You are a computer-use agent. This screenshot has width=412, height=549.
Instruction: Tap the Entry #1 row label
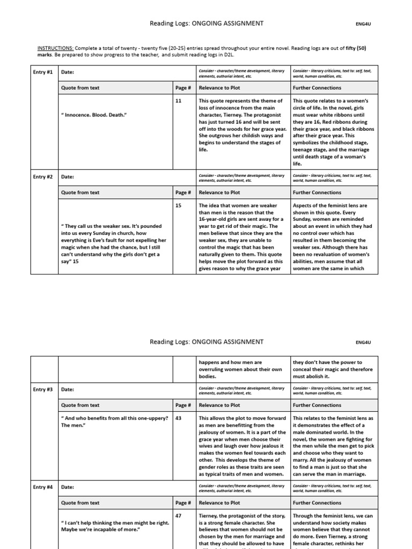point(43,71)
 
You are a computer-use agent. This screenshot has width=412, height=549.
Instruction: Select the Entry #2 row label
point(43,176)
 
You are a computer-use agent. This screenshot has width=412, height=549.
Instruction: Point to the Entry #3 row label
point(43,389)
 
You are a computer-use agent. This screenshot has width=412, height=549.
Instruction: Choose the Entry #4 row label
point(43,487)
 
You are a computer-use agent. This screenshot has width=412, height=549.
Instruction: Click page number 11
point(179,100)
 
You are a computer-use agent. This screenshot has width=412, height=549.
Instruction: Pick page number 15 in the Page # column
point(179,205)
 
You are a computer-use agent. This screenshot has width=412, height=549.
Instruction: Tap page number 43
point(179,418)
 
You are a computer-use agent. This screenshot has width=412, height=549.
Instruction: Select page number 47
point(179,515)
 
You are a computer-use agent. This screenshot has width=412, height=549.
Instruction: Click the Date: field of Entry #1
point(68,71)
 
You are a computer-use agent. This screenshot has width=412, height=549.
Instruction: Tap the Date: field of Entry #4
point(68,487)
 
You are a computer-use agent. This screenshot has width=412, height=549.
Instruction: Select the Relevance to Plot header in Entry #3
point(219,405)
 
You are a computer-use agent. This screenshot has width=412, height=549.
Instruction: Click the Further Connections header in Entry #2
point(317,192)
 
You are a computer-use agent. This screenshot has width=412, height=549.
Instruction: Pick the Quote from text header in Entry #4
point(80,503)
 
